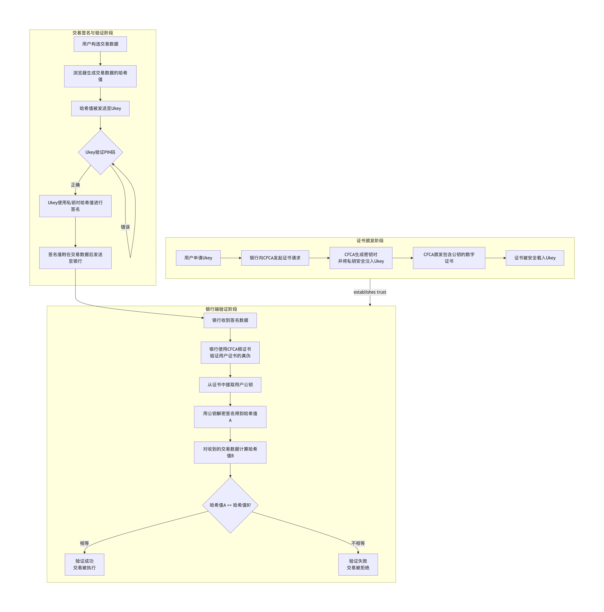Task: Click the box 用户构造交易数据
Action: (x=100, y=44)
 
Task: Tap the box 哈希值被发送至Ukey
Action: (x=100, y=108)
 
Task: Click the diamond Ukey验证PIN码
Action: (x=100, y=152)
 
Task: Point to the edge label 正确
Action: (x=75, y=185)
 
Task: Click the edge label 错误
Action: (x=125, y=227)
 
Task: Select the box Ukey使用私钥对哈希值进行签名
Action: (x=75, y=206)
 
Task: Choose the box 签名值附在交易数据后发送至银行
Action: (x=75, y=258)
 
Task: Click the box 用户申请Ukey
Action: (x=198, y=258)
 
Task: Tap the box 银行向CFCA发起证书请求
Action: (x=275, y=258)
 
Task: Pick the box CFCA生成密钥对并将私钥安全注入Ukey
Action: (x=361, y=258)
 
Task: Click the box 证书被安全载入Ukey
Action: (x=535, y=258)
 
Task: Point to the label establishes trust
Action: (x=370, y=292)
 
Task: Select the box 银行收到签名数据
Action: (x=230, y=320)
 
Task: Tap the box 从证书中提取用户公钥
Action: (x=230, y=385)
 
